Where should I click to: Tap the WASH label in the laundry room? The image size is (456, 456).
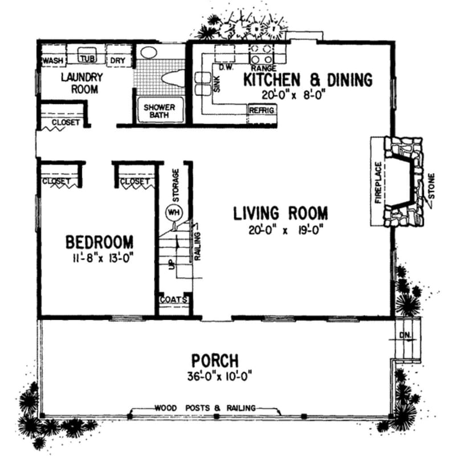52,60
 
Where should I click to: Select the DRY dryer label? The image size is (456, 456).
118,60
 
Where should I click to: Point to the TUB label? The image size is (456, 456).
87,59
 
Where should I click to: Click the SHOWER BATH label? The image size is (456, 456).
159,111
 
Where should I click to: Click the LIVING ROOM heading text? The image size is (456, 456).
280,214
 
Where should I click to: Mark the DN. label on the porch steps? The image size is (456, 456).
405,336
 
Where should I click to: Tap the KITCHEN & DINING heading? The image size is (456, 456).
308,79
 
